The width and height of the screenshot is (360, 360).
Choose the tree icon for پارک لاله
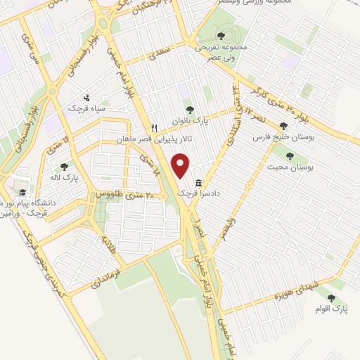pyautogui.click(x=65, y=167)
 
